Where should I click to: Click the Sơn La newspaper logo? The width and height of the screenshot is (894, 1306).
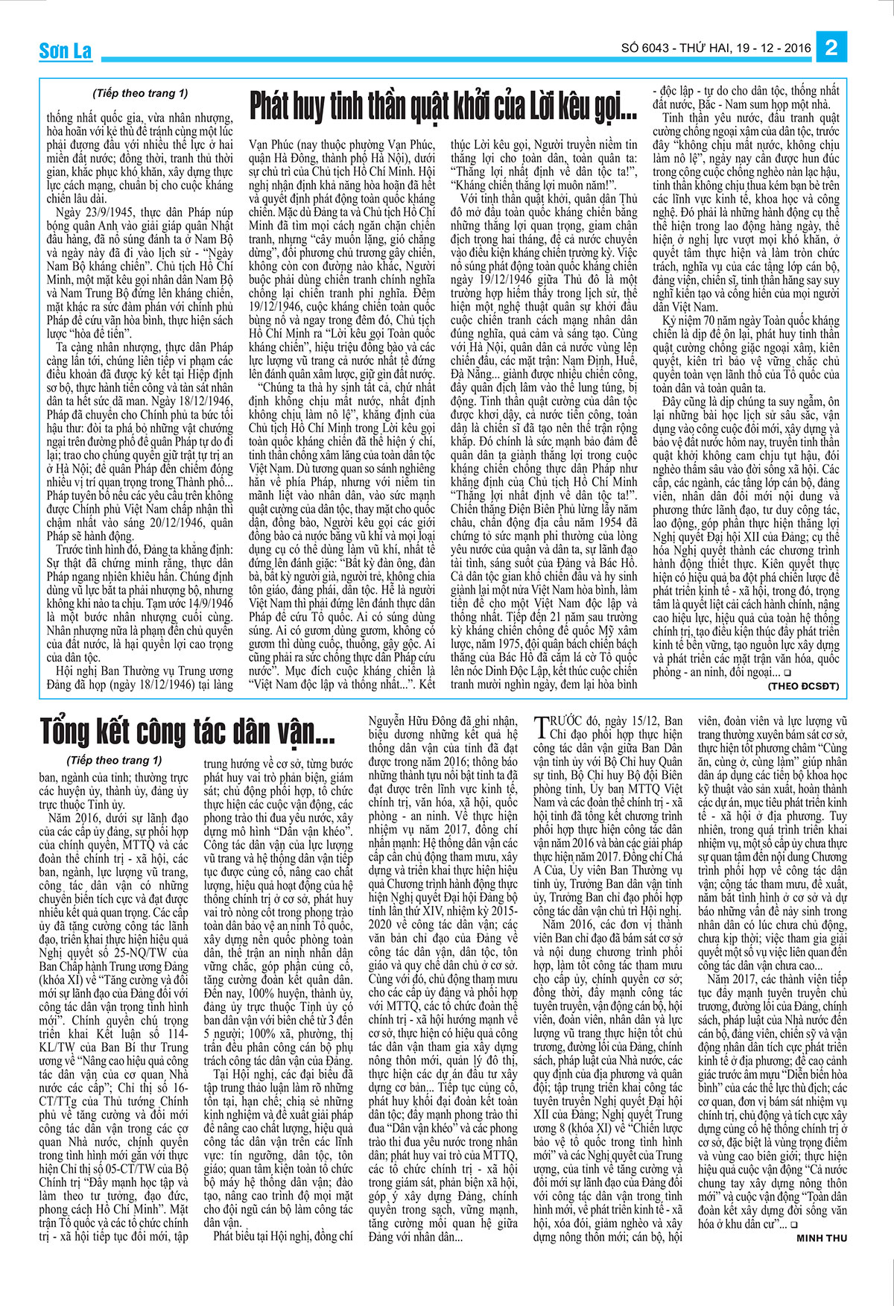pyautogui.click(x=65, y=51)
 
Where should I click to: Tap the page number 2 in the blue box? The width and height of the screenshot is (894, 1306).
pyautogui.click(x=832, y=48)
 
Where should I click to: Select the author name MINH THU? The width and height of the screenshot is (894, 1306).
pyautogui.click(x=822, y=1238)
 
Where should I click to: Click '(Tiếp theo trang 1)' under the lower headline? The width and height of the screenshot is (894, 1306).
pyautogui.click(x=115, y=761)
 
